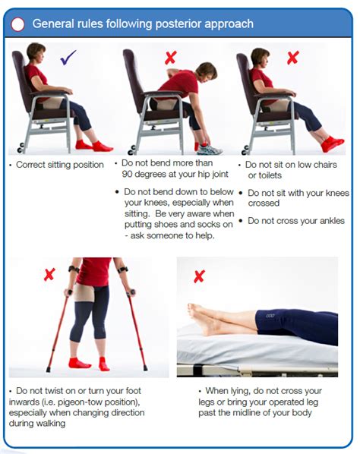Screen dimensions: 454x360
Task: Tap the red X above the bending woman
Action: click(171, 58)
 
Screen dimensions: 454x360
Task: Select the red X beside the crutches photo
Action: click(49, 274)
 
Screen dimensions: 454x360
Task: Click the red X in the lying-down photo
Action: click(199, 276)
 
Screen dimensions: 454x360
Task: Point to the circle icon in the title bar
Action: click(17, 24)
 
